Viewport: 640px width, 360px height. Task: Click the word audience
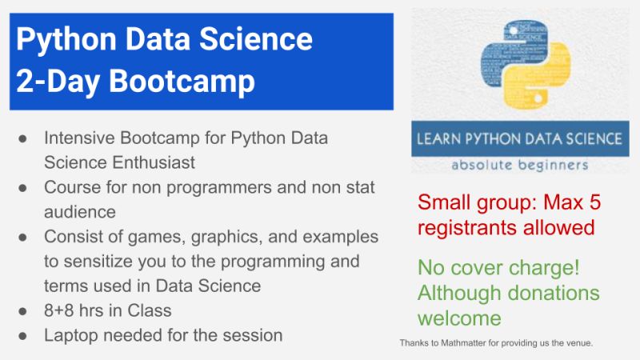(x=81, y=213)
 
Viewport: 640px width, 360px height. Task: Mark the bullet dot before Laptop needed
(x=23, y=335)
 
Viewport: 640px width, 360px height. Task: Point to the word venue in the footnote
(x=577, y=343)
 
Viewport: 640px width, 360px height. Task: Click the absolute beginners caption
(x=519, y=165)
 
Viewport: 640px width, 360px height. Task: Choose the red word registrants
(x=464, y=227)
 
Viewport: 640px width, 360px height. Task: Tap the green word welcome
(x=459, y=318)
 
